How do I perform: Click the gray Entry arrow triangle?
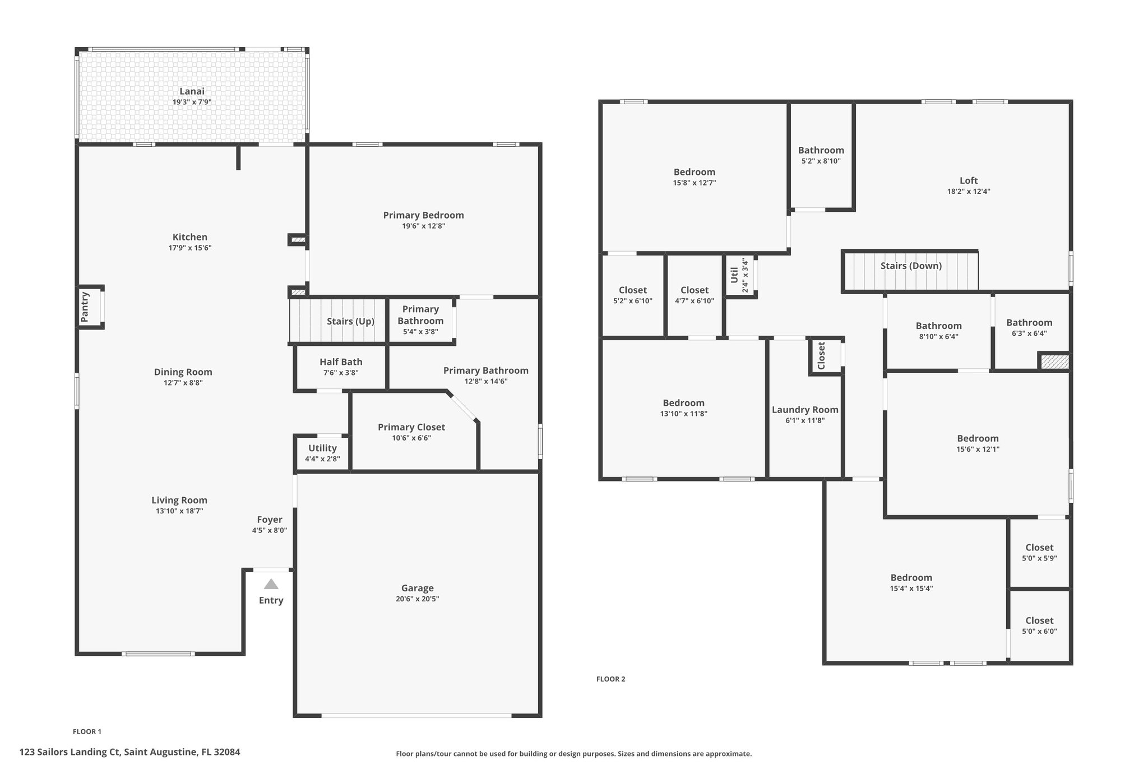pyautogui.click(x=271, y=584)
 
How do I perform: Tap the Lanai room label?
pyautogui.click(x=192, y=91)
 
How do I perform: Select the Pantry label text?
pyautogui.click(x=85, y=307)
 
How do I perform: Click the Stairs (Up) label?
pyautogui.click(x=350, y=321)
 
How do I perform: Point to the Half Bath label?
pyautogui.click(x=341, y=362)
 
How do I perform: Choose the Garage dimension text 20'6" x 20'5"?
pyautogui.click(x=417, y=599)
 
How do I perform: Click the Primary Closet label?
pyautogui.click(x=411, y=427)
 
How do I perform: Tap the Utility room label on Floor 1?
pyautogui.click(x=322, y=448)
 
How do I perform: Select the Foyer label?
pyautogui.click(x=270, y=520)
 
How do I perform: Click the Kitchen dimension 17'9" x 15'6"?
pyautogui.click(x=190, y=248)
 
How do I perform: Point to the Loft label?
pyautogui.click(x=969, y=180)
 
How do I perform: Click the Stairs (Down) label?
pyautogui.click(x=911, y=266)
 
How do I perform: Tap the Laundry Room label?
pyautogui.click(x=805, y=410)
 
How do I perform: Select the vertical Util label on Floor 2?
pyautogui.click(x=734, y=275)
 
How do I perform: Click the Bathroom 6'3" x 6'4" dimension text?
pyautogui.click(x=1029, y=333)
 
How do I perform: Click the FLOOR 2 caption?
pyautogui.click(x=610, y=679)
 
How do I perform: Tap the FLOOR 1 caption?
pyautogui.click(x=87, y=731)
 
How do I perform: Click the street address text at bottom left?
pyautogui.click(x=129, y=752)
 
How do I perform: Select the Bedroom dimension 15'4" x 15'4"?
pyautogui.click(x=911, y=588)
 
